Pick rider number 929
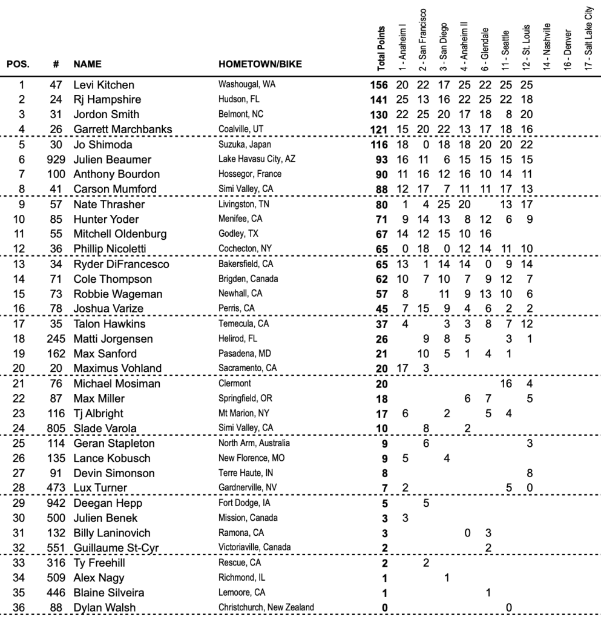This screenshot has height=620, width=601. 55,159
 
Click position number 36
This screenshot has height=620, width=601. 18,607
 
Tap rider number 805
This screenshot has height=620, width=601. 55,429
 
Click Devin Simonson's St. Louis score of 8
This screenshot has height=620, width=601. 529,472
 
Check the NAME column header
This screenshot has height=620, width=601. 87,64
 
